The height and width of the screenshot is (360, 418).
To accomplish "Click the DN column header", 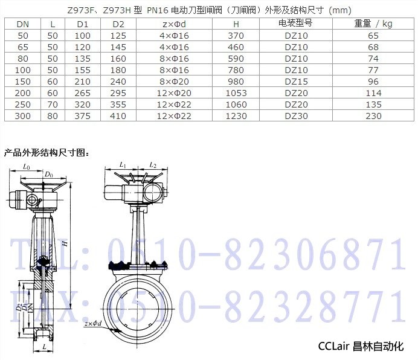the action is [23, 24].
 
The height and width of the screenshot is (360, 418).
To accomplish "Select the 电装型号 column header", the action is [295, 23].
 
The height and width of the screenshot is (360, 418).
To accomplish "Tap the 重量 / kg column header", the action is [373, 24].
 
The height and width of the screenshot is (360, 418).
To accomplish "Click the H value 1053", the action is [236, 93].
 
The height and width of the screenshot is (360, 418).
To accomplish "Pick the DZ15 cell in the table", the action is [296, 82].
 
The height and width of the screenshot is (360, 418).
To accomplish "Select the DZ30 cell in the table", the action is [296, 116].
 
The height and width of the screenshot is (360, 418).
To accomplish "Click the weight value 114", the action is [373, 93].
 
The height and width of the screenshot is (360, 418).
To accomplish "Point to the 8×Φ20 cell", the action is [174, 82].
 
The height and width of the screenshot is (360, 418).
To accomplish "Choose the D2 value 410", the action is [118, 116].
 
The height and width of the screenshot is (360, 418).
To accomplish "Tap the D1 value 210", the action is [83, 82].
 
